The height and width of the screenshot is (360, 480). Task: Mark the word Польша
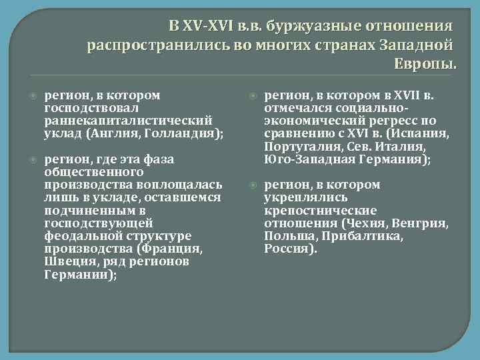[x=285, y=236]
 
